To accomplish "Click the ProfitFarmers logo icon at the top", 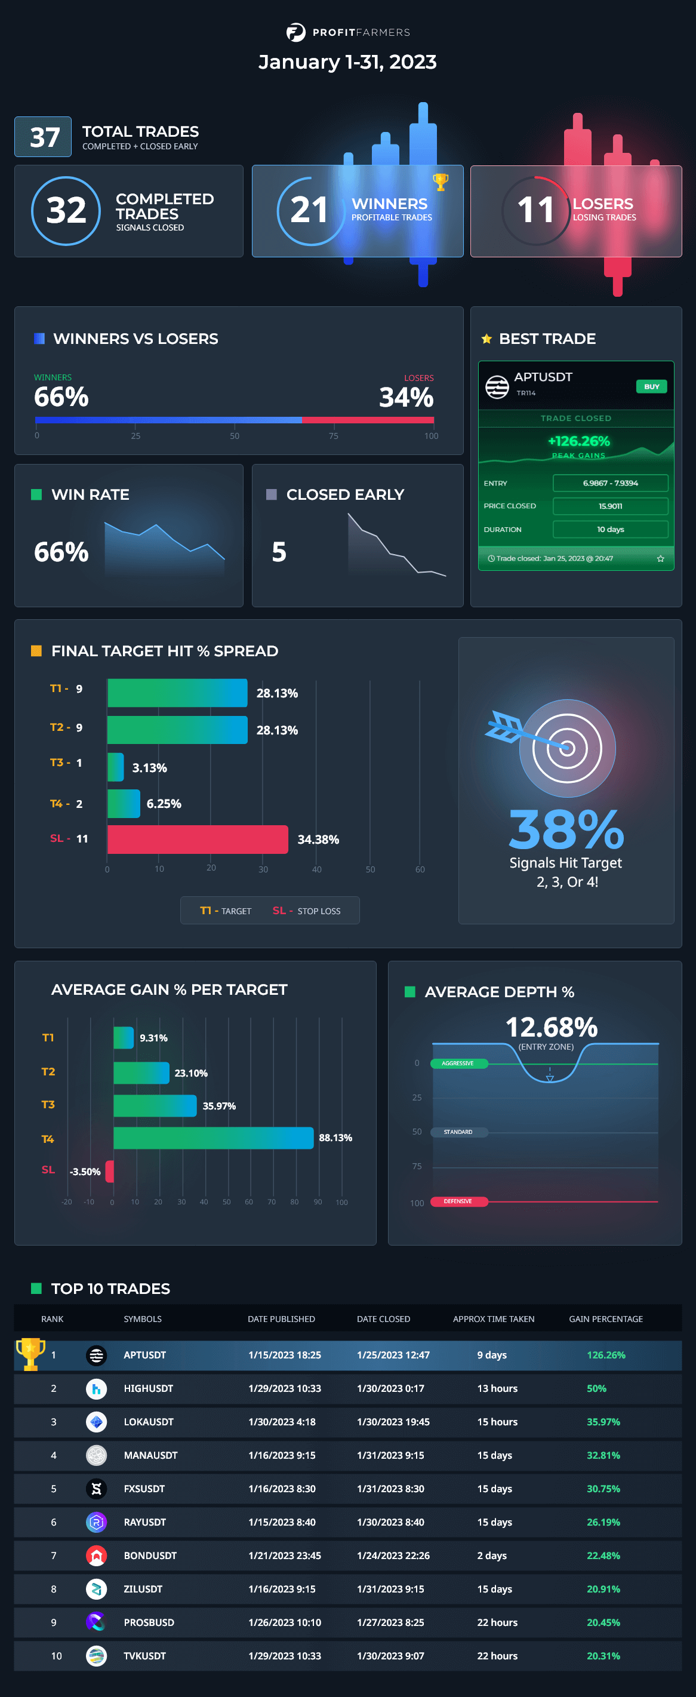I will [x=295, y=32].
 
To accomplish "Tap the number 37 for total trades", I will [x=44, y=137].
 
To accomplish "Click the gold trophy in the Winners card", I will [x=441, y=181].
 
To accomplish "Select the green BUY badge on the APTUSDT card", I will [x=651, y=387].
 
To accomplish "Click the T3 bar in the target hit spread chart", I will [x=115, y=767].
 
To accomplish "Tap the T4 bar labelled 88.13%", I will [x=213, y=1138].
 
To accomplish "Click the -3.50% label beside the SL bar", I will [x=85, y=1172].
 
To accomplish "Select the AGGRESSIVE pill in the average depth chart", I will [x=458, y=1063].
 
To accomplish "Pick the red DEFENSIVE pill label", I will [x=458, y=1201].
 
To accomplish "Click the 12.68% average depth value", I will [x=551, y=1026].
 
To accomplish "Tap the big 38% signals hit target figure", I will [x=566, y=829].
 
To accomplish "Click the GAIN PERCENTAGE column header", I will [x=605, y=1319].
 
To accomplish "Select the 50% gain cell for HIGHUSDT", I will [x=596, y=1388].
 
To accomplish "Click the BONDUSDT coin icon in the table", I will [x=97, y=1555].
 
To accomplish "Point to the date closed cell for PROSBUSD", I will [x=390, y=1622].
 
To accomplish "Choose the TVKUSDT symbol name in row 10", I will [x=145, y=1655].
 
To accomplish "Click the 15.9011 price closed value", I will [x=609, y=506].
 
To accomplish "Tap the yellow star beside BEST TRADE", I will [x=486, y=339].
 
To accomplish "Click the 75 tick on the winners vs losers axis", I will [x=334, y=435].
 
